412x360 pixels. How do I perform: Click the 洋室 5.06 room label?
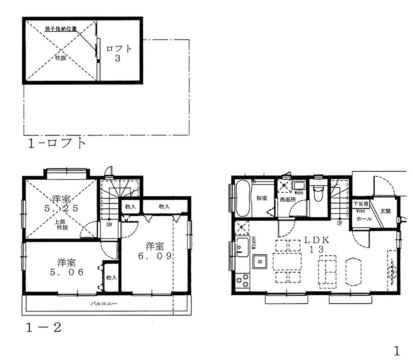click(x=66, y=267)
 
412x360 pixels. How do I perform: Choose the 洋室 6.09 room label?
click(x=154, y=251)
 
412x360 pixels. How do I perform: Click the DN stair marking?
click(x=109, y=225)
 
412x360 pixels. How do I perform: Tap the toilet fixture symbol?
click(x=318, y=192)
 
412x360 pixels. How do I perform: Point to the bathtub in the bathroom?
click(x=243, y=198)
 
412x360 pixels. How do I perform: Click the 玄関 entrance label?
click(x=385, y=211)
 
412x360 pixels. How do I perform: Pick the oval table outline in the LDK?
click(x=353, y=271)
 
